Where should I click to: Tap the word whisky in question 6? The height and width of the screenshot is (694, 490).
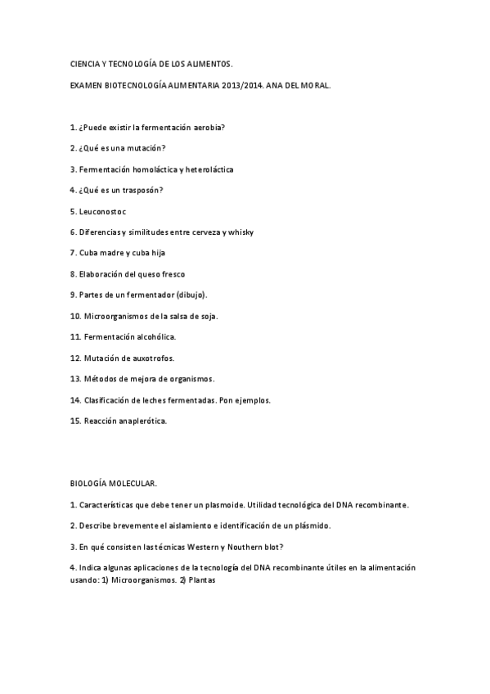[x=241, y=232]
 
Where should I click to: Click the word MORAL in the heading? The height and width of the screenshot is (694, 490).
[x=313, y=84]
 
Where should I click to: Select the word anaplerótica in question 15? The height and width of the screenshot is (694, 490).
[x=139, y=421]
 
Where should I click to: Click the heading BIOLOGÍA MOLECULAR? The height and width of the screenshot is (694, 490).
[x=114, y=484]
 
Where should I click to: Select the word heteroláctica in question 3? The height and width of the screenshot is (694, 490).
[x=205, y=169]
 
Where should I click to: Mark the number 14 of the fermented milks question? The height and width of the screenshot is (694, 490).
[x=75, y=400]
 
